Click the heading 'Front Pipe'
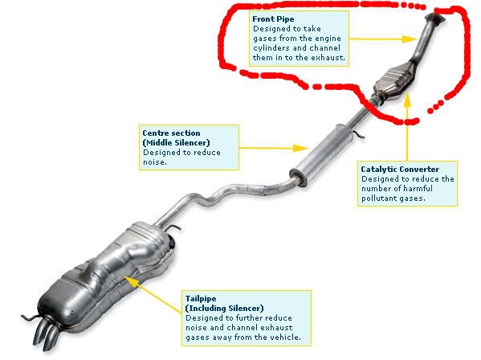tap(273, 19)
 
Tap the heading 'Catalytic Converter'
tap(400, 169)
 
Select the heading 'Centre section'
tap(171, 133)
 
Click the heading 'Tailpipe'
tap(201, 299)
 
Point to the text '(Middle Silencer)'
tap(177, 143)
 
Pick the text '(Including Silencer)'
tap(225, 308)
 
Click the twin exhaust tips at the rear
tap(46, 333)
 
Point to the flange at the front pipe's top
tap(434, 18)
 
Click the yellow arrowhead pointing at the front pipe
tap(410, 39)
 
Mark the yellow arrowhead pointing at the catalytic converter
tap(407, 100)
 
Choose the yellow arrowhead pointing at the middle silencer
tap(300, 148)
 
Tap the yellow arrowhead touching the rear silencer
tap(130, 280)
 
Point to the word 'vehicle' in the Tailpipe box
tap(286, 337)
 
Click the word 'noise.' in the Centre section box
tap(155, 162)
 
